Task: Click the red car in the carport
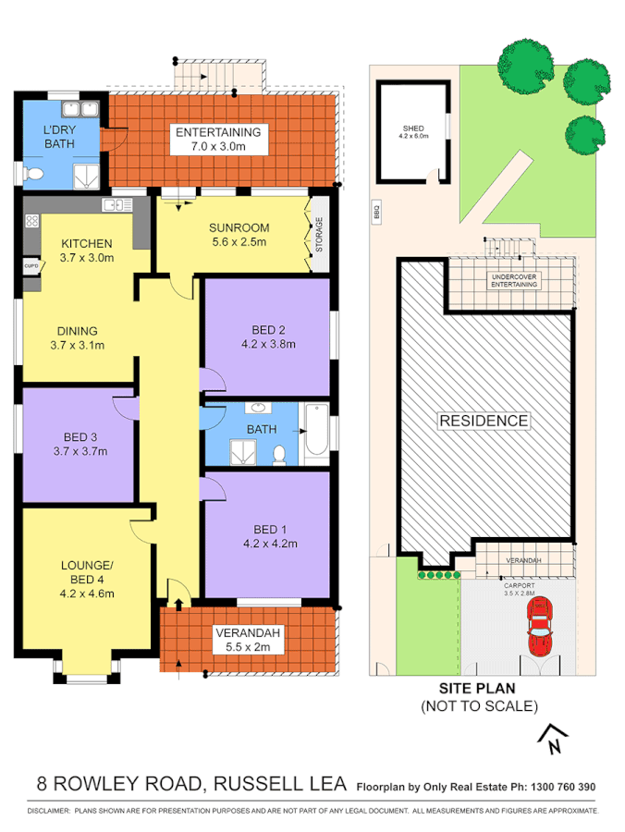point(539,626)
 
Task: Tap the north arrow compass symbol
point(553,736)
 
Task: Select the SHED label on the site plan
point(412,130)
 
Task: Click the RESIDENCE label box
point(484,421)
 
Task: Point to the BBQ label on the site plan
point(377,213)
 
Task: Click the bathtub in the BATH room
point(315,433)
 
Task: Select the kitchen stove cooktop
point(31,222)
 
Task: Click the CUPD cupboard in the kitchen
point(31,266)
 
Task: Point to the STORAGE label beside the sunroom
point(320,236)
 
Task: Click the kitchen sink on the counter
point(115,204)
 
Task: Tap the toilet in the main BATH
point(280,452)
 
